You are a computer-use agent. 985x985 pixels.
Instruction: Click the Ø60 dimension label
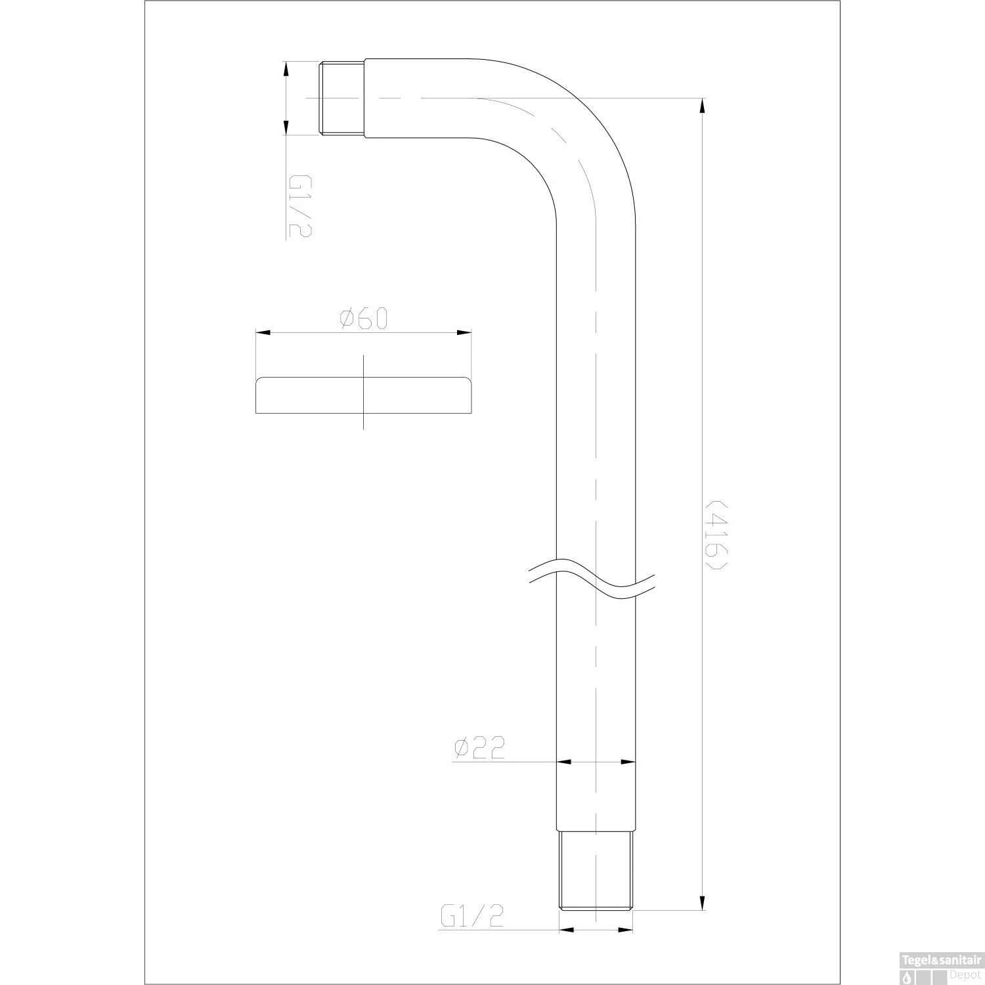click(x=364, y=318)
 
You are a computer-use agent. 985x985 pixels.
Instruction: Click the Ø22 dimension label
click(x=479, y=748)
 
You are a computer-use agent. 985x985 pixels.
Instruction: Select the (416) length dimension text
click(x=715, y=536)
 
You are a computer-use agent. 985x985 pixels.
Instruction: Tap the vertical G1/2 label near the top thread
click(x=299, y=206)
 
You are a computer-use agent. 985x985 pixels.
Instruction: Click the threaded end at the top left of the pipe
click(x=342, y=98)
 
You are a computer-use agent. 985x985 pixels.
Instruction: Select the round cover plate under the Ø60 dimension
click(x=363, y=395)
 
